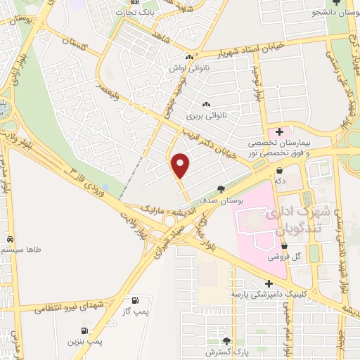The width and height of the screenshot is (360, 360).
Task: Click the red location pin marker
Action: pos(181,165)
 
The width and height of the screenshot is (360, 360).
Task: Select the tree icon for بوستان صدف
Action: pos(221,189)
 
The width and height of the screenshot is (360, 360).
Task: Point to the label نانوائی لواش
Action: pos(188,69)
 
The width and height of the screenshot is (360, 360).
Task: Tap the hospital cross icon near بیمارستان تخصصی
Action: pos(280,131)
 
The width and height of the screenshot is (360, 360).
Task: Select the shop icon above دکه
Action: pos(281,170)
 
